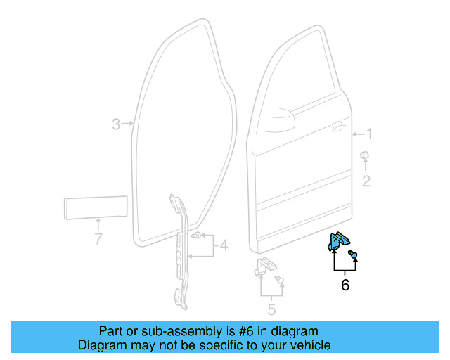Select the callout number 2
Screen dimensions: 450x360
click(366, 182)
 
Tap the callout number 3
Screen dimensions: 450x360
click(117, 124)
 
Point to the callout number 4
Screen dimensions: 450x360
click(224, 245)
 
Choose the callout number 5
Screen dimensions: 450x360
click(271, 309)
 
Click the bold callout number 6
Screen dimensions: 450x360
click(345, 285)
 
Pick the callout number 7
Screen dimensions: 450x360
click(98, 239)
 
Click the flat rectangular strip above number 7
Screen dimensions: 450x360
click(94, 208)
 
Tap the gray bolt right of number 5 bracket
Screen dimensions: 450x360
click(281, 281)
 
